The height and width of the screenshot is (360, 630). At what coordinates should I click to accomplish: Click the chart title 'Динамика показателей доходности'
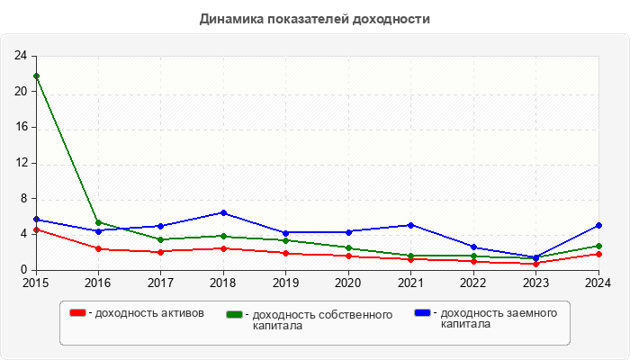coord(314,18)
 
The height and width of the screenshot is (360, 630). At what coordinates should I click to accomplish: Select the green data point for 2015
coord(36,76)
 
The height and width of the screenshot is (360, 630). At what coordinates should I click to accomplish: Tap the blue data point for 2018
coord(223,212)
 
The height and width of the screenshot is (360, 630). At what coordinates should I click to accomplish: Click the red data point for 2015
coord(36,229)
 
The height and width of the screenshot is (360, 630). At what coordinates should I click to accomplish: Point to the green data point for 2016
coord(98,222)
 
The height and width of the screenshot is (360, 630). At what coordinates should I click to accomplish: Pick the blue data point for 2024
coord(598,225)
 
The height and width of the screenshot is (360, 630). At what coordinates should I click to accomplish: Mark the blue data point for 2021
coord(411,225)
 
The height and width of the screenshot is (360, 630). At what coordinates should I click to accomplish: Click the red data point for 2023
coord(536,264)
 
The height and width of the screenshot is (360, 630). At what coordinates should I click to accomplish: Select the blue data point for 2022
coord(473,247)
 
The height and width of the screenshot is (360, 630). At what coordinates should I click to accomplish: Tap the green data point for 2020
coord(348,247)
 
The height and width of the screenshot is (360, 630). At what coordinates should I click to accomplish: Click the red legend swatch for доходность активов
coord(78,313)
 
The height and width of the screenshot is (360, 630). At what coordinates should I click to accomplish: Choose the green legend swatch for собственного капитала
coord(235,314)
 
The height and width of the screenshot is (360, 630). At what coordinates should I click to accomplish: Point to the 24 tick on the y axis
coord(20,56)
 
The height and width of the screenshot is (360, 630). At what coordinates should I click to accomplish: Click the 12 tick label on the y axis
coord(20,163)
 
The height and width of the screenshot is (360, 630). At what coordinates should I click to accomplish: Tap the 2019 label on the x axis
coord(286,283)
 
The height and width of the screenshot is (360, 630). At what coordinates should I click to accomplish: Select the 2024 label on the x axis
coord(598,283)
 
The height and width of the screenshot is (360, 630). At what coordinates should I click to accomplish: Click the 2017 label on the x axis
coord(161,283)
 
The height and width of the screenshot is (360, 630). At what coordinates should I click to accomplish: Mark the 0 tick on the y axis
coord(23,270)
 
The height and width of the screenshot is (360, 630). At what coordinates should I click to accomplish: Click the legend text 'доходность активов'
coord(148,313)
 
